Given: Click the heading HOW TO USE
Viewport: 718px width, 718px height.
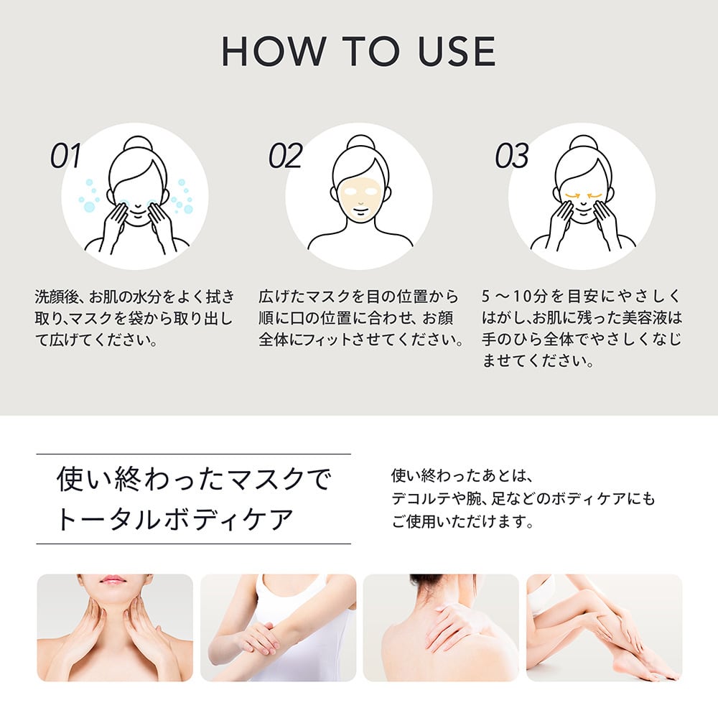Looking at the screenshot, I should [358, 51].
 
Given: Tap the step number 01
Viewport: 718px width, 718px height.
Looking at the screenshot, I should [66, 157].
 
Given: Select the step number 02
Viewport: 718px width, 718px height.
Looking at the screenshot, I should [285, 157].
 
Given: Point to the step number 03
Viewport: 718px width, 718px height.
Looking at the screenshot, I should [512, 157].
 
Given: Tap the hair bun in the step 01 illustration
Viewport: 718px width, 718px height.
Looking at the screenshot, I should [136, 143].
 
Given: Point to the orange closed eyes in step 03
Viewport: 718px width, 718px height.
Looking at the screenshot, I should [582, 195].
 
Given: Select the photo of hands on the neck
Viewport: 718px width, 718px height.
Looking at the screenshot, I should [115, 628].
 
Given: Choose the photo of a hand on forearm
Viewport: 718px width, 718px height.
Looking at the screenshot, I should [278, 628].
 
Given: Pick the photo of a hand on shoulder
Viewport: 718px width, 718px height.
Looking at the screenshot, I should [441, 628].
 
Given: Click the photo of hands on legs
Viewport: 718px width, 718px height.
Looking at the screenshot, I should [604, 628].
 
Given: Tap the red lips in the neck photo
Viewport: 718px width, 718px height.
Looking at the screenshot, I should [113, 579].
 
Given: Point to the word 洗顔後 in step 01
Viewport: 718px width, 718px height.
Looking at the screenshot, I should [57, 297].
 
